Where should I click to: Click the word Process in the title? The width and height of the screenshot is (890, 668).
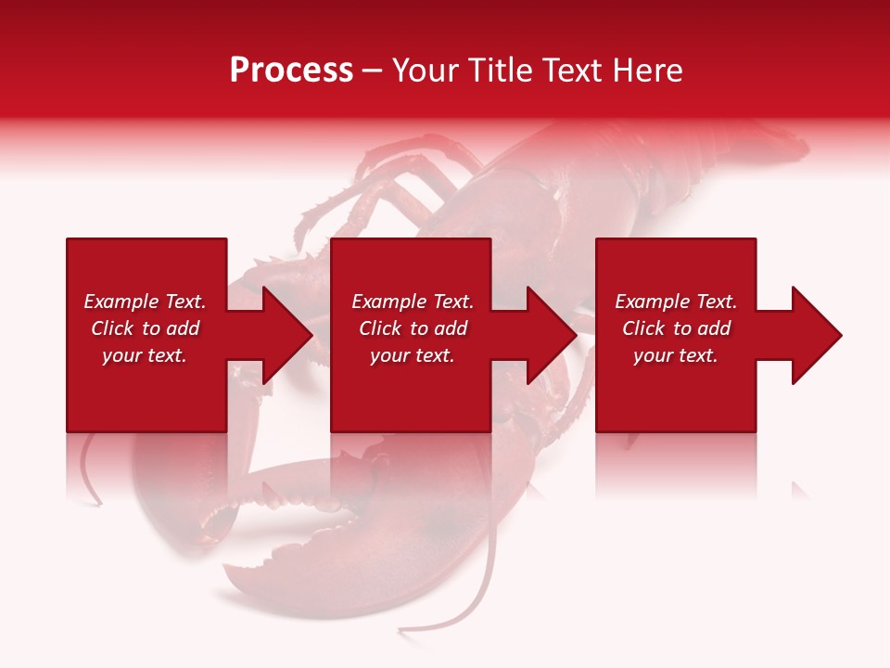[291, 71]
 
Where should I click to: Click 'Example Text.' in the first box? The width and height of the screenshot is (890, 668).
[145, 302]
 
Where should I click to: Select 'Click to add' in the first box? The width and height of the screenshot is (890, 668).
[145, 328]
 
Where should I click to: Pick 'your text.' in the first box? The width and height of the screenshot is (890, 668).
[145, 355]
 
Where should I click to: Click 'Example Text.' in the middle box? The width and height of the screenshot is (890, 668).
[413, 302]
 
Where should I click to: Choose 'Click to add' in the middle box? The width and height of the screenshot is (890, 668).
[413, 328]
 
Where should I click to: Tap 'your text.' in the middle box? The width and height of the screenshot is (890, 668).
[413, 355]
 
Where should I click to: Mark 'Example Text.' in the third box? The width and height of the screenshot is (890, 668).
[676, 302]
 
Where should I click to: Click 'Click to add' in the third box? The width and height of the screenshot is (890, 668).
[676, 328]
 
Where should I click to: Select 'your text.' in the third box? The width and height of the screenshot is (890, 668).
[676, 355]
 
